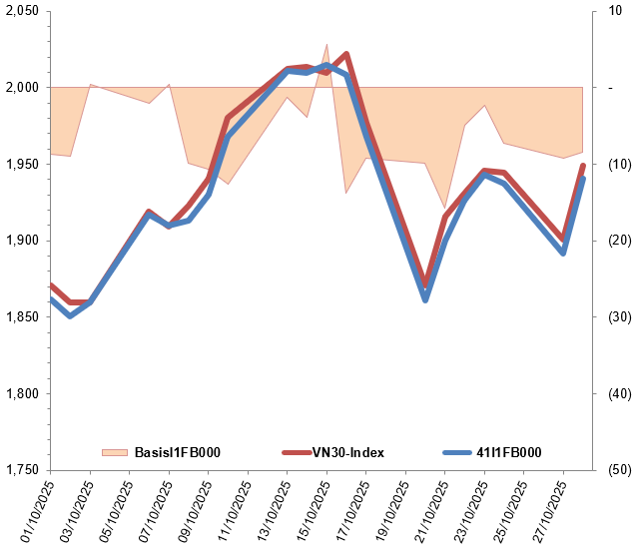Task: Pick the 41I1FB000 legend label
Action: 508,453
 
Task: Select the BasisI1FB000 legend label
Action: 177,453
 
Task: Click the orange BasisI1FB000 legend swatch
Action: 115,453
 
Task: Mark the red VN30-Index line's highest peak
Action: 345,54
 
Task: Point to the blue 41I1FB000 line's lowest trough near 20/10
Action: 425,299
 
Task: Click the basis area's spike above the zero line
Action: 326,45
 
